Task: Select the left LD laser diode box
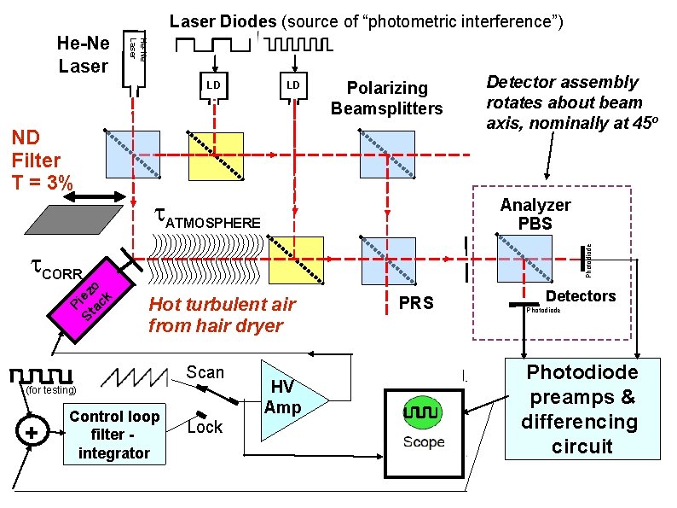tap(213, 86)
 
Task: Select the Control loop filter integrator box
tap(113, 435)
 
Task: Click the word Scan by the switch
tap(205, 372)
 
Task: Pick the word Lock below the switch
tap(205, 427)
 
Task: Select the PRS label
tap(416, 303)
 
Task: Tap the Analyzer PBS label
tap(536, 214)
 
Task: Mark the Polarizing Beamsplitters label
tap(387, 98)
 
